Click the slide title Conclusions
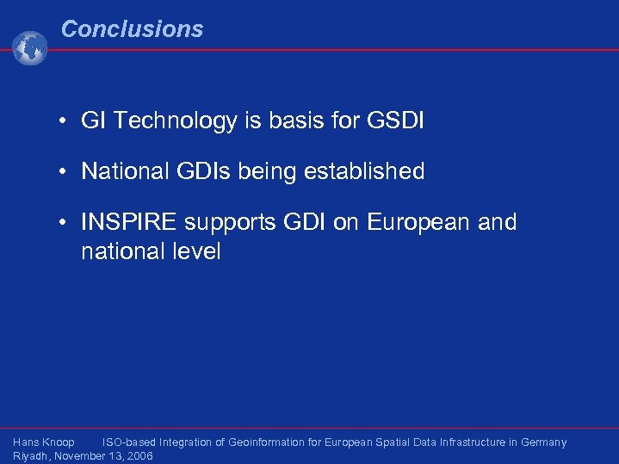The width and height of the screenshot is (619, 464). click(x=132, y=29)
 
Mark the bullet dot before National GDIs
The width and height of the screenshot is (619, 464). click(x=65, y=172)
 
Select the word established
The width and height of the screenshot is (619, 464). click(x=364, y=171)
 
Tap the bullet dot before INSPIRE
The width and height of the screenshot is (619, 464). click(x=65, y=223)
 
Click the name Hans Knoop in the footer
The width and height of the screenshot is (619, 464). click(x=44, y=442)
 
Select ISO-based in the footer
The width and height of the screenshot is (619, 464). click(x=129, y=442)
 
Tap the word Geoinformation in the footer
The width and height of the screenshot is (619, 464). click(x=266, y=442)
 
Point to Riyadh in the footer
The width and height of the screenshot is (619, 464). click(x=31, y=456)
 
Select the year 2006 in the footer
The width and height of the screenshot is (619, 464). click(x=139, y=456)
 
